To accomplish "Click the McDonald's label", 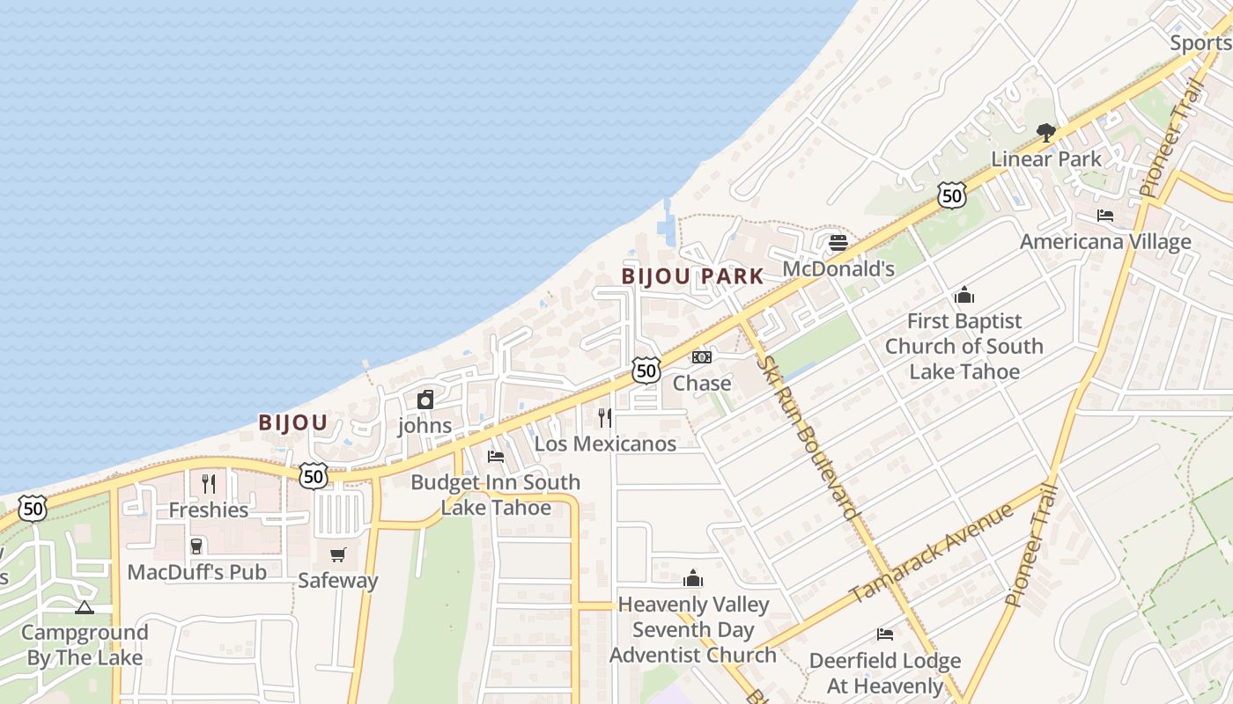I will (838, 269).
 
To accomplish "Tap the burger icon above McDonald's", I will (838, 242).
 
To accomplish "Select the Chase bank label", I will (702, 383).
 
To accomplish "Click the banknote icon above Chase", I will (702, 357).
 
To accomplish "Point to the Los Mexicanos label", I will (605, 444).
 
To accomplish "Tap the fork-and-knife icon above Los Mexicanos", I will (605, 417).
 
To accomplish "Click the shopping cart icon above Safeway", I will (338, 554).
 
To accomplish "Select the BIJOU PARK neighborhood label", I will (692, 276).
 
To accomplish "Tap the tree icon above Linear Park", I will (1046, 133).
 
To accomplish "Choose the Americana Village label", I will (1105, 242).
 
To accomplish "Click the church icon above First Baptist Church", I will (964, 295).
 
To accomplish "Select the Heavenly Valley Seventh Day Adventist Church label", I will (693, 630).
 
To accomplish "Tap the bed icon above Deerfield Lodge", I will (885, 634).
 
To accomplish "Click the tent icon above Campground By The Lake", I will (85, 607).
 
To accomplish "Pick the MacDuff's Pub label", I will (196, 572).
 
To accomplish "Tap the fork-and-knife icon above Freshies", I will (209, 483).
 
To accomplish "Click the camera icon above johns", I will (425, 400).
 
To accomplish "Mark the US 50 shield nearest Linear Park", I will (951, 195).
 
